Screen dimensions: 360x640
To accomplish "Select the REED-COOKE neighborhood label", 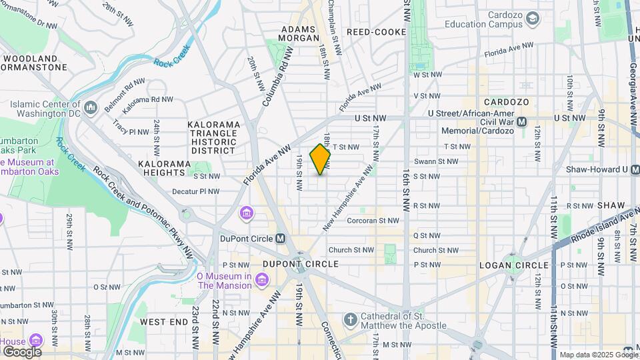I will [376, 31].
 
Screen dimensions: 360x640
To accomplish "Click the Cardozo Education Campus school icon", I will [532, 19].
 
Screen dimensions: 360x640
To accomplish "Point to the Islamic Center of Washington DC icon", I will [91, 107].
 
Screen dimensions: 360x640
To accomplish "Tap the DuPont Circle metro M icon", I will [281, 238].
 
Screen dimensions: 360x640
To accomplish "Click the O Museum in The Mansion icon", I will [261, 277].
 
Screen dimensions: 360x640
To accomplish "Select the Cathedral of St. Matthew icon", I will [351, 321].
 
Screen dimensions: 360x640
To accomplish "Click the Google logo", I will [21, 351].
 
